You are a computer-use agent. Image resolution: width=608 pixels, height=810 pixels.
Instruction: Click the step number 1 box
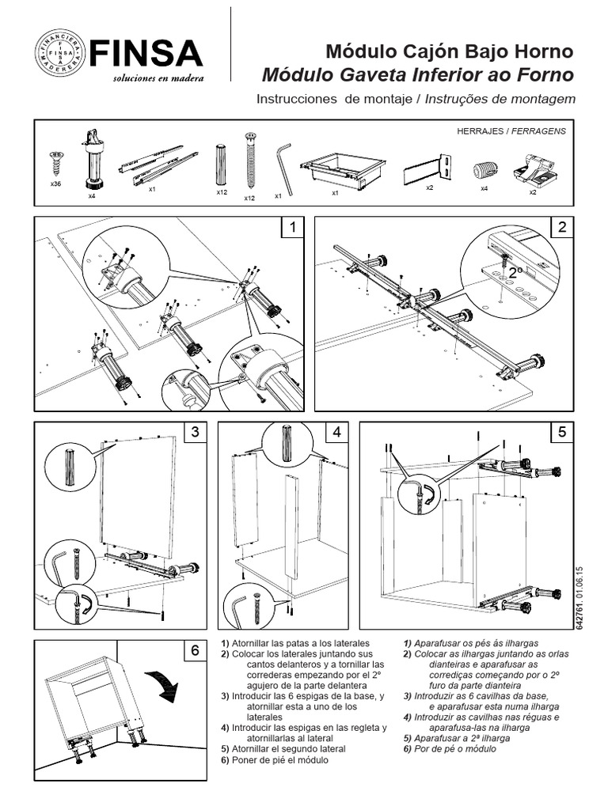294,228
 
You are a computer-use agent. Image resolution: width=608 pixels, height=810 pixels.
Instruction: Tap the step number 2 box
562,228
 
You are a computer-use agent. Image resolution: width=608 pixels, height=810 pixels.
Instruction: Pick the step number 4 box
337,433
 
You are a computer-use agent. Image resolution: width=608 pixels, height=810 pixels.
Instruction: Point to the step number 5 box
562,433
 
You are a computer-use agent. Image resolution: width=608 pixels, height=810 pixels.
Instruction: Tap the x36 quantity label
56,184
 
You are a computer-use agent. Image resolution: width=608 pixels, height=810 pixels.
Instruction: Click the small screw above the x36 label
56,163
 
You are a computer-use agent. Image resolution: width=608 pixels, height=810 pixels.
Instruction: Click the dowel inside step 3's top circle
69,466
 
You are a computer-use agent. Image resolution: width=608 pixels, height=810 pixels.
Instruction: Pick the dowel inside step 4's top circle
287,442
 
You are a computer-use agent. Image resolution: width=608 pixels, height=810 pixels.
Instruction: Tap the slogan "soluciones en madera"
158,78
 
